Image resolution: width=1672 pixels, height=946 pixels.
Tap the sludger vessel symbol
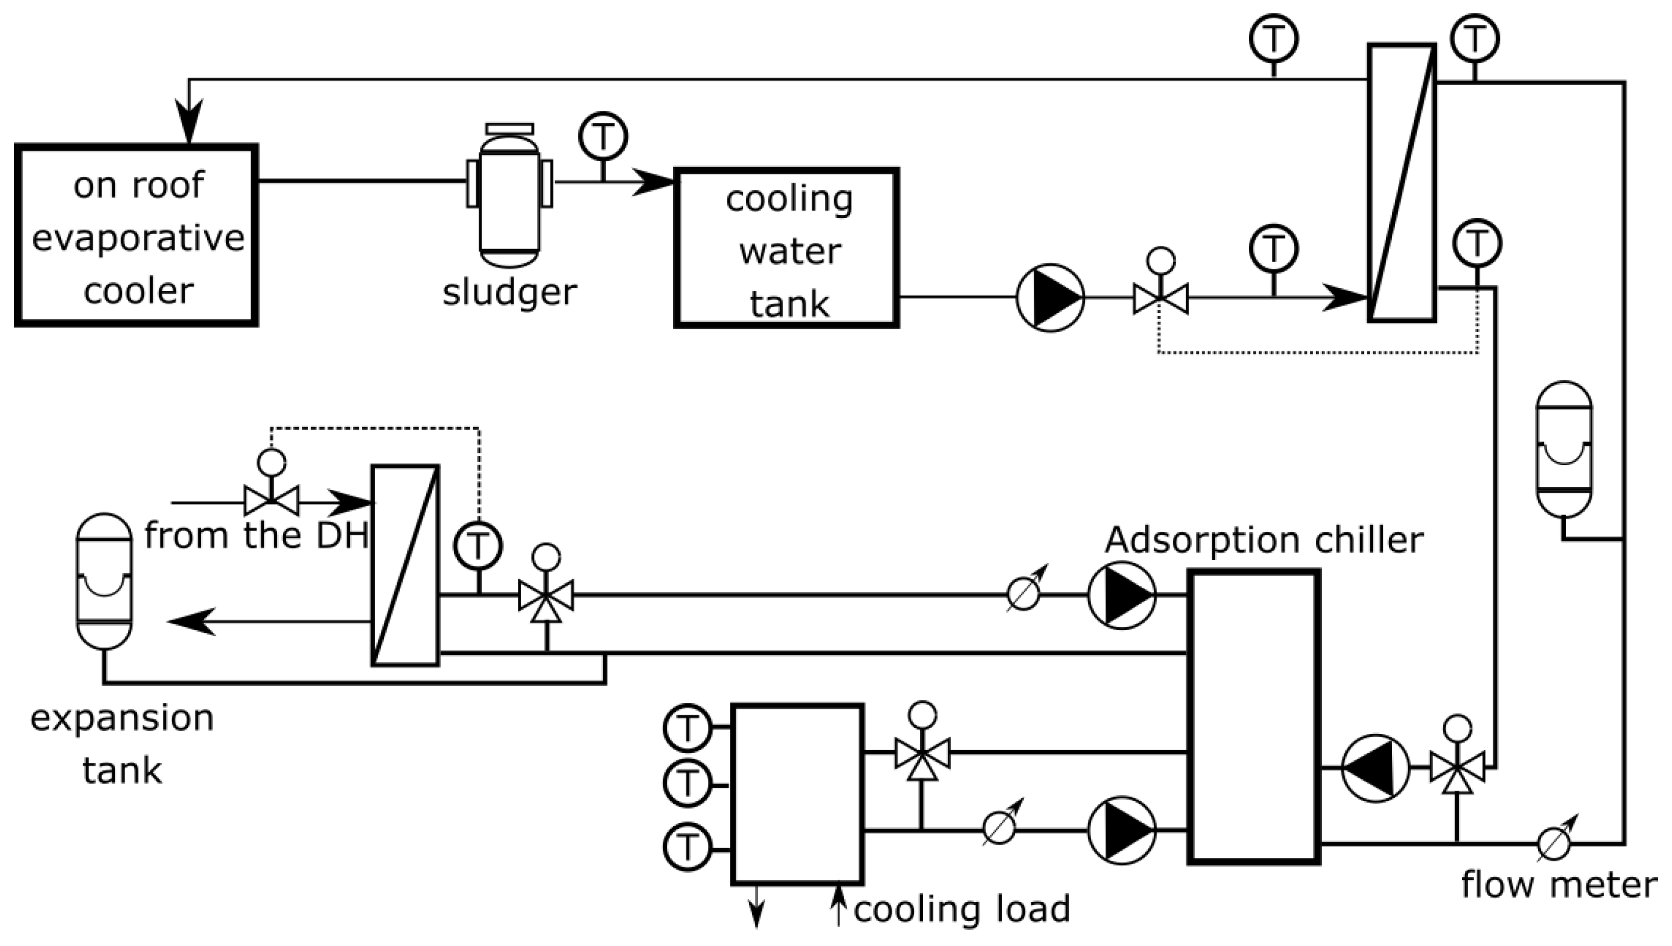pyautogui.click(x=510, y=195)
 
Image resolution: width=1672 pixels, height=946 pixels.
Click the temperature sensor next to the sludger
pyautogui.click(x=603, y=136)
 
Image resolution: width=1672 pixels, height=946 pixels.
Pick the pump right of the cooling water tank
pyautogui.click(x=1050, y=297)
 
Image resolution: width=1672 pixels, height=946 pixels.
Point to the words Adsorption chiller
pyautogui.click(x=1264, y=539)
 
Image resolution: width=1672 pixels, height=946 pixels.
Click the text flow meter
pyautogui.click(x=1559, y=885)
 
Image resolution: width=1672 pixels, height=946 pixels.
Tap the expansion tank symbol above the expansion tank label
pyautogui.click(x=104, y=581)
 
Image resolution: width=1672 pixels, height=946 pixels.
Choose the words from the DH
pyautogui.click(x=257, y=536)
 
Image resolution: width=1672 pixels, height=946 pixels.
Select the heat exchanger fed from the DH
pyautogui.click(x=405, y=565)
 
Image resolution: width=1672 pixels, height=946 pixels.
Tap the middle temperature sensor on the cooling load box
pyautogui.click(x=688, y=784)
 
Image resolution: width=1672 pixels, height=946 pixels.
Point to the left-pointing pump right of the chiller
pyautogui.click(x=1376, y=768)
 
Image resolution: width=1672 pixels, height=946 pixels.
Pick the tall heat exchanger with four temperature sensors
pyautogui.click(x=1402, y=183)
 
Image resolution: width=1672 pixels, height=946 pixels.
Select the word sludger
pyautogui.click(x=510, y=292)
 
